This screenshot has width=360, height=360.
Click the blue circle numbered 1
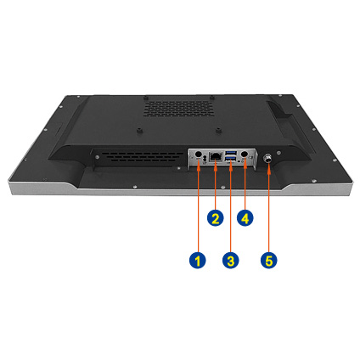(x=198, y=260)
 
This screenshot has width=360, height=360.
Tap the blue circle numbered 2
(x=215, y=217)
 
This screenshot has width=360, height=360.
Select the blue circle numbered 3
(x=231, y=260)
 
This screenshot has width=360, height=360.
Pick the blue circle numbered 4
(x=245, y=217)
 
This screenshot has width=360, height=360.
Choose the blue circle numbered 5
(x=269, y=260)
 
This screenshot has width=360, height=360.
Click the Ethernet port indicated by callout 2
(x=216, y=156)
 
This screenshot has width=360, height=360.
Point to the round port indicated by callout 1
(x=199, y=154)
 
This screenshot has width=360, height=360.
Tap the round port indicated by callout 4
(x=245, y=154)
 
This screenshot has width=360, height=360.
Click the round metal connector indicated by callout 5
(x=267, y=158)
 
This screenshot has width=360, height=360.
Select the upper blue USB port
(x=231, y=153)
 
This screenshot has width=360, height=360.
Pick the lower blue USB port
(x=231, y=158)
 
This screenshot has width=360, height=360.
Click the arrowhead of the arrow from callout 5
(x=268, y=166)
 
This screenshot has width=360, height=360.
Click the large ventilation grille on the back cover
(x=177, y=108)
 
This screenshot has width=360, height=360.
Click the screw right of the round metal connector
(x=279, y=153)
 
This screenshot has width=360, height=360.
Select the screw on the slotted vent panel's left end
(x=97, y=156)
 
